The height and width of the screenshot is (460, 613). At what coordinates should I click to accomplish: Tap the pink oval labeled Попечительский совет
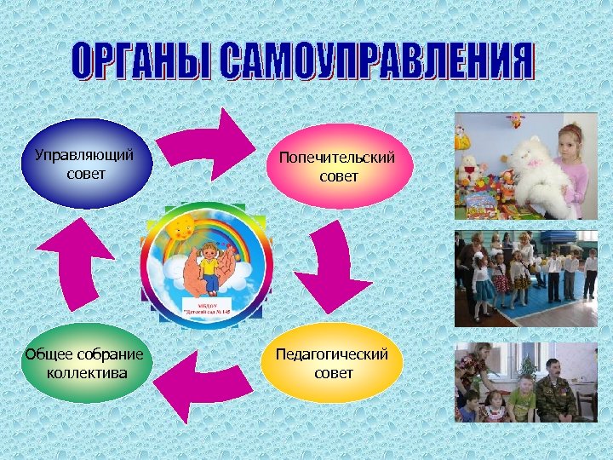(339, 166)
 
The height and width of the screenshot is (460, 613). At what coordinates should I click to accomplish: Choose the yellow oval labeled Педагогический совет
(333, 363)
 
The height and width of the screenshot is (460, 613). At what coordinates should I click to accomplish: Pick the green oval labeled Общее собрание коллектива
(85, 363)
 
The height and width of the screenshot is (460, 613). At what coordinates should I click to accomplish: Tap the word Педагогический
(332, 354)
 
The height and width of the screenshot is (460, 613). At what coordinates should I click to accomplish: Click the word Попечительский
(339, 158)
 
